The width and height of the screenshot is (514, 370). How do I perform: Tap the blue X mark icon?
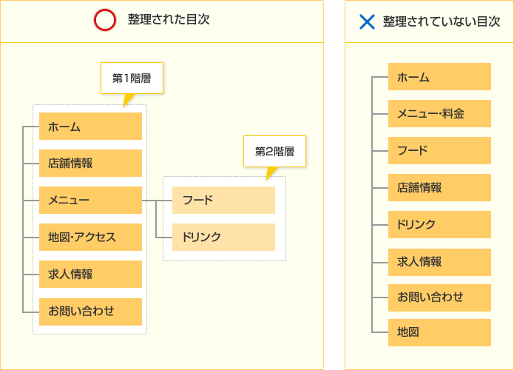[x=367, y=22]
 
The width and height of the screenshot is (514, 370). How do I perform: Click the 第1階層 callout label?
[x=132, y=78]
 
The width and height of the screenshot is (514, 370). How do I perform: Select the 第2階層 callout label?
[x=274, y=151]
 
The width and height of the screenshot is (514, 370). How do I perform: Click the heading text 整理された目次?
[x=169, y=19]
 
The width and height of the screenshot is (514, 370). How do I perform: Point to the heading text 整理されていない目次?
[x=442, y=21]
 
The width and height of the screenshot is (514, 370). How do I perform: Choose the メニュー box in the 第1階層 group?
[x=90, y=200]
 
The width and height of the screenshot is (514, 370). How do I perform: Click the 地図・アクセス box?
[x=90, y=237]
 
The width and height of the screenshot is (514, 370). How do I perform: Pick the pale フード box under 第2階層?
[x=223, y=200]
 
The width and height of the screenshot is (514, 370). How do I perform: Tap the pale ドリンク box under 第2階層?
[x=223, y=237]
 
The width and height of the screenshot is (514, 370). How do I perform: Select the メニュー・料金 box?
[x=439, y=113]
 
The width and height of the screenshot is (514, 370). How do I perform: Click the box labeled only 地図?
[x=439, y=332]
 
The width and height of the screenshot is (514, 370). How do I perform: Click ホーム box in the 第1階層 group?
[x=90, y=127]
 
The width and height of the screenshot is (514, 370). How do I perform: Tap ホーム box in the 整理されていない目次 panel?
[x=439, y=77]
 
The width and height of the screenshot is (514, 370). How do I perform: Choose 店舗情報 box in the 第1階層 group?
[x=90, y=164]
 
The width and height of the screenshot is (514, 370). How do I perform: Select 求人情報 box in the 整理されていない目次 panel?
[x=439, y=262]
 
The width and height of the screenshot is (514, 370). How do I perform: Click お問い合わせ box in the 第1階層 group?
[x=90, y=312]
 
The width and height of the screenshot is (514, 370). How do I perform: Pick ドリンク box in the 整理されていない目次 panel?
[x=439, y=225]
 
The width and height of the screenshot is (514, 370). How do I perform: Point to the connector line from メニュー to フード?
[x=157, y=200]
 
